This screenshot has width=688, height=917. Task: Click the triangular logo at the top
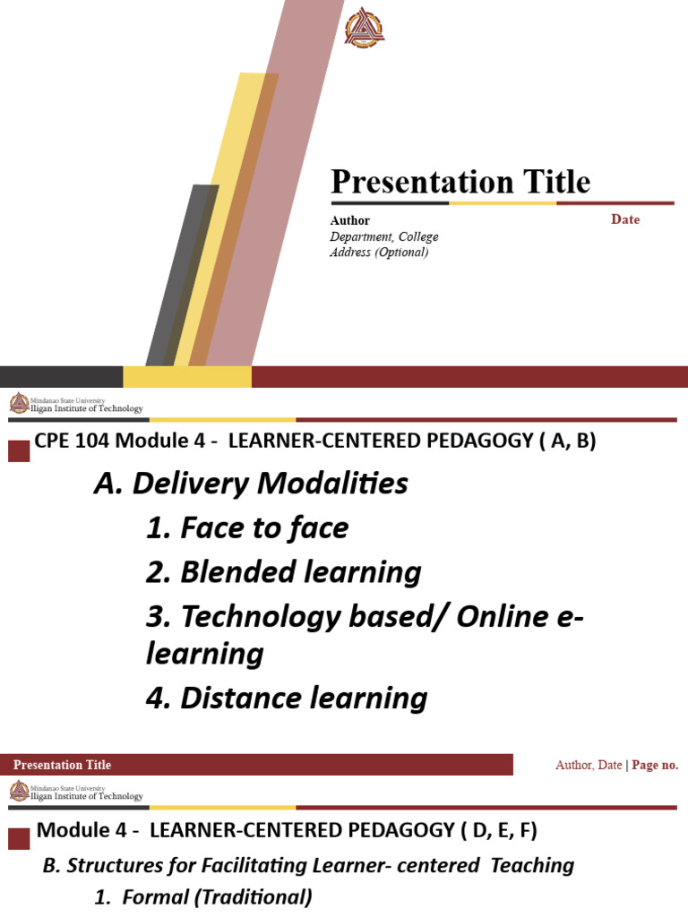pyautogui.click(x=364, y=28)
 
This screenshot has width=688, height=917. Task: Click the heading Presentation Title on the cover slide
pyautogui.click(x=460, y=182)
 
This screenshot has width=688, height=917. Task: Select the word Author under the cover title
pyautogui.click(x=349, y=220)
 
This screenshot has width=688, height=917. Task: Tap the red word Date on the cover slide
pyautogui.click(x=625, y=219)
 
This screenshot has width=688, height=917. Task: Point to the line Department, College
pyautogui.click(x=383, y=236)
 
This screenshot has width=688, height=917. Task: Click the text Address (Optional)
pyautogui.click(x=379, y=253)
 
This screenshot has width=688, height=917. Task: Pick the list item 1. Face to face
pyautogui.click(x=246, y=528)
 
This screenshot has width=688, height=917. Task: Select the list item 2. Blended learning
pyautogui.click(x=283, y=571)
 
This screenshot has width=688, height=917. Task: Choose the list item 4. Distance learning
pyautogui.click(x=287, y=698)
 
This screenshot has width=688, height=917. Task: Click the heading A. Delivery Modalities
pyautogui.click(x=251, y=484)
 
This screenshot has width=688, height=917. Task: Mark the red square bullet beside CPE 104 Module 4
pyautogui.click(x=19, y=450)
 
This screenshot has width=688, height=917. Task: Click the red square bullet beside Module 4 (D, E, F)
pyautogui.click(x=19, y=838)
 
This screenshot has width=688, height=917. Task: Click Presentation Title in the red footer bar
pyautogui.click(x=63, y=765)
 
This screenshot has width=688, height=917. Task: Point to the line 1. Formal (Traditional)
pyautogui.click(x=203, y=896)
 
